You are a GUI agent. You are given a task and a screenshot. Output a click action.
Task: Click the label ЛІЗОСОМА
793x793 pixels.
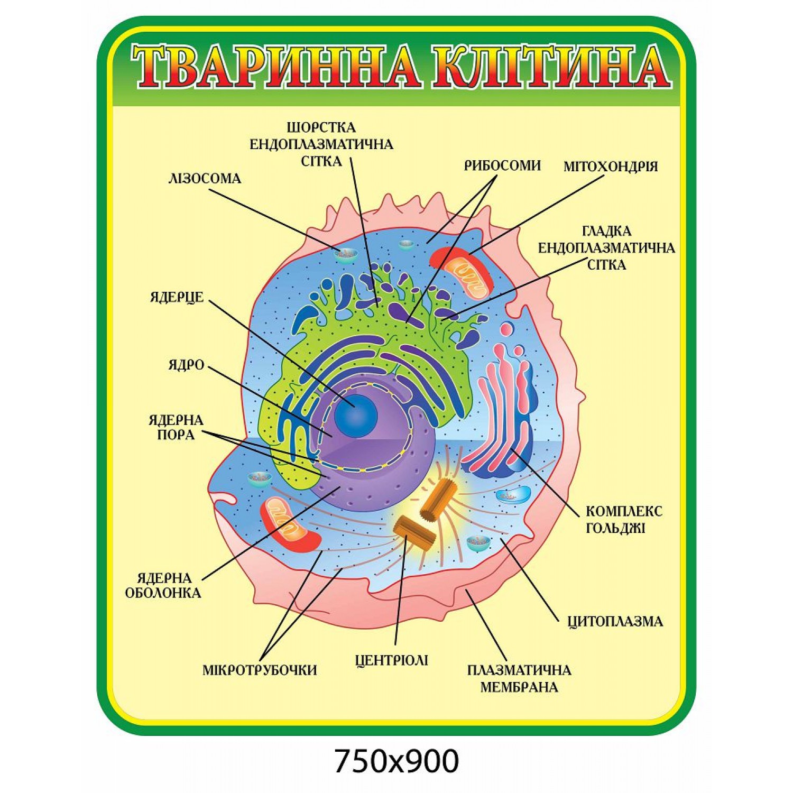(205, 178)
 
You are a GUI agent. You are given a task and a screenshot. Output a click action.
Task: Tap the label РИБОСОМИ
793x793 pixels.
(502, 165)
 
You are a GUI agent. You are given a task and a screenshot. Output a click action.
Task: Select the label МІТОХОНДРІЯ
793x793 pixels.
(611, 166)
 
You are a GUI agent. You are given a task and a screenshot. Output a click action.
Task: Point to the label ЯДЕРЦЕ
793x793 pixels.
(177, 297)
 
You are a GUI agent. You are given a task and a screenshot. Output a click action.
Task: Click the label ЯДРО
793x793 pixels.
(186, 365)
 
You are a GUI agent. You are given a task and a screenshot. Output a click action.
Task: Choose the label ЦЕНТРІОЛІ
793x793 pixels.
(392, 660)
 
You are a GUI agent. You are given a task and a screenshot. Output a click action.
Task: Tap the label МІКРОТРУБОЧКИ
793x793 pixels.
(260, 670)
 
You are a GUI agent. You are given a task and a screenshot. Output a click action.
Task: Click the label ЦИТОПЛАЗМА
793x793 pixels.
(615, 621)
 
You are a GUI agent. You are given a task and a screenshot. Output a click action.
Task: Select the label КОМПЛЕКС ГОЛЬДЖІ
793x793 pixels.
(624, 519)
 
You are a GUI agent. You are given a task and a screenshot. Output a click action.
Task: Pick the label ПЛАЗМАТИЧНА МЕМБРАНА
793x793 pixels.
(519, 678)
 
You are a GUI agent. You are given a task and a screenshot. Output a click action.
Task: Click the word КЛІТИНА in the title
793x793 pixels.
(551, 67)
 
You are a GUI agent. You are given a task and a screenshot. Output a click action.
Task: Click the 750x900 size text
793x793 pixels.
(396, 761)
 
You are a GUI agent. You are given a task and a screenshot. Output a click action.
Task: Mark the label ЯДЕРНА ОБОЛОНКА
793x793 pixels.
(163, 585)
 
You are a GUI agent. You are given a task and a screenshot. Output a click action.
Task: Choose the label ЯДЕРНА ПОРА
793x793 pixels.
(176, 427)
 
